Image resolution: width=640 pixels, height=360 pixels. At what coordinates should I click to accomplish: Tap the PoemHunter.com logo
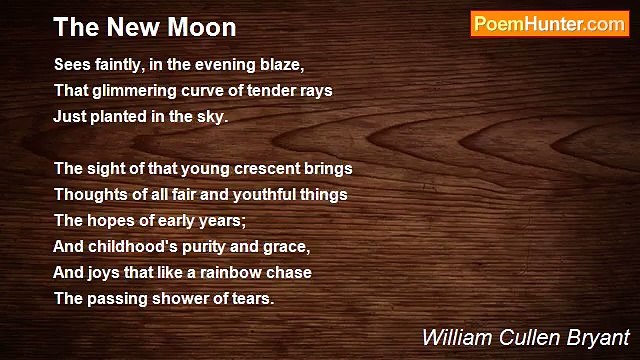point(548,24)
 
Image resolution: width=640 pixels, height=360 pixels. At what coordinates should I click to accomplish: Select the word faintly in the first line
point(118,64)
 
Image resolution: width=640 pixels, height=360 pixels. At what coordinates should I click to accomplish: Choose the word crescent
point(272,168)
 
